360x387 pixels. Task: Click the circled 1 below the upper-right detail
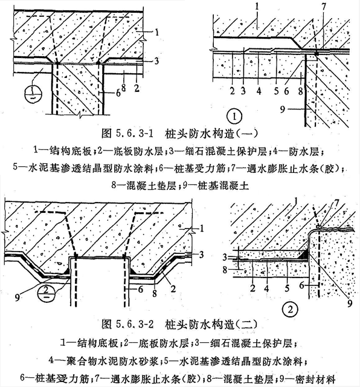[234, 116]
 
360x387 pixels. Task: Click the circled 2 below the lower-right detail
[290, 309]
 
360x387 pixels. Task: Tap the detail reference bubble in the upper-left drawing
[34, 94]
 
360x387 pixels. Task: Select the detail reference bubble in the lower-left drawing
[47, 292]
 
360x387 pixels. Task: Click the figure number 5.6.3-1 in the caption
[134, 134]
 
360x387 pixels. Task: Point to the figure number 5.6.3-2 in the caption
[134, 324]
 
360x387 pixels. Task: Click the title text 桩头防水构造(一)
[212, 134]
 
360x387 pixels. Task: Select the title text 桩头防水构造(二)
[212, 324]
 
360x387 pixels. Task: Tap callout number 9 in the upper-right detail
[283, 109]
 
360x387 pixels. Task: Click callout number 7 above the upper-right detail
[324, 7]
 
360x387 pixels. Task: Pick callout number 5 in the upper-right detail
[277, 91]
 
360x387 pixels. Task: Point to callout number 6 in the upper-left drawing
[118, 93]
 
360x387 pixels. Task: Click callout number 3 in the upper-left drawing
[156, 60]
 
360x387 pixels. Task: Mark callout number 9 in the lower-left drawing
[17, 298]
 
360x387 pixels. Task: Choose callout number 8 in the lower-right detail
[225, 270]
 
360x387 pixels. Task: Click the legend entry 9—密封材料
[307, 379]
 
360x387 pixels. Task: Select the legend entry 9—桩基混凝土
[216, 186]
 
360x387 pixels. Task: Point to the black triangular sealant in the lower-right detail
[304, 255]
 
